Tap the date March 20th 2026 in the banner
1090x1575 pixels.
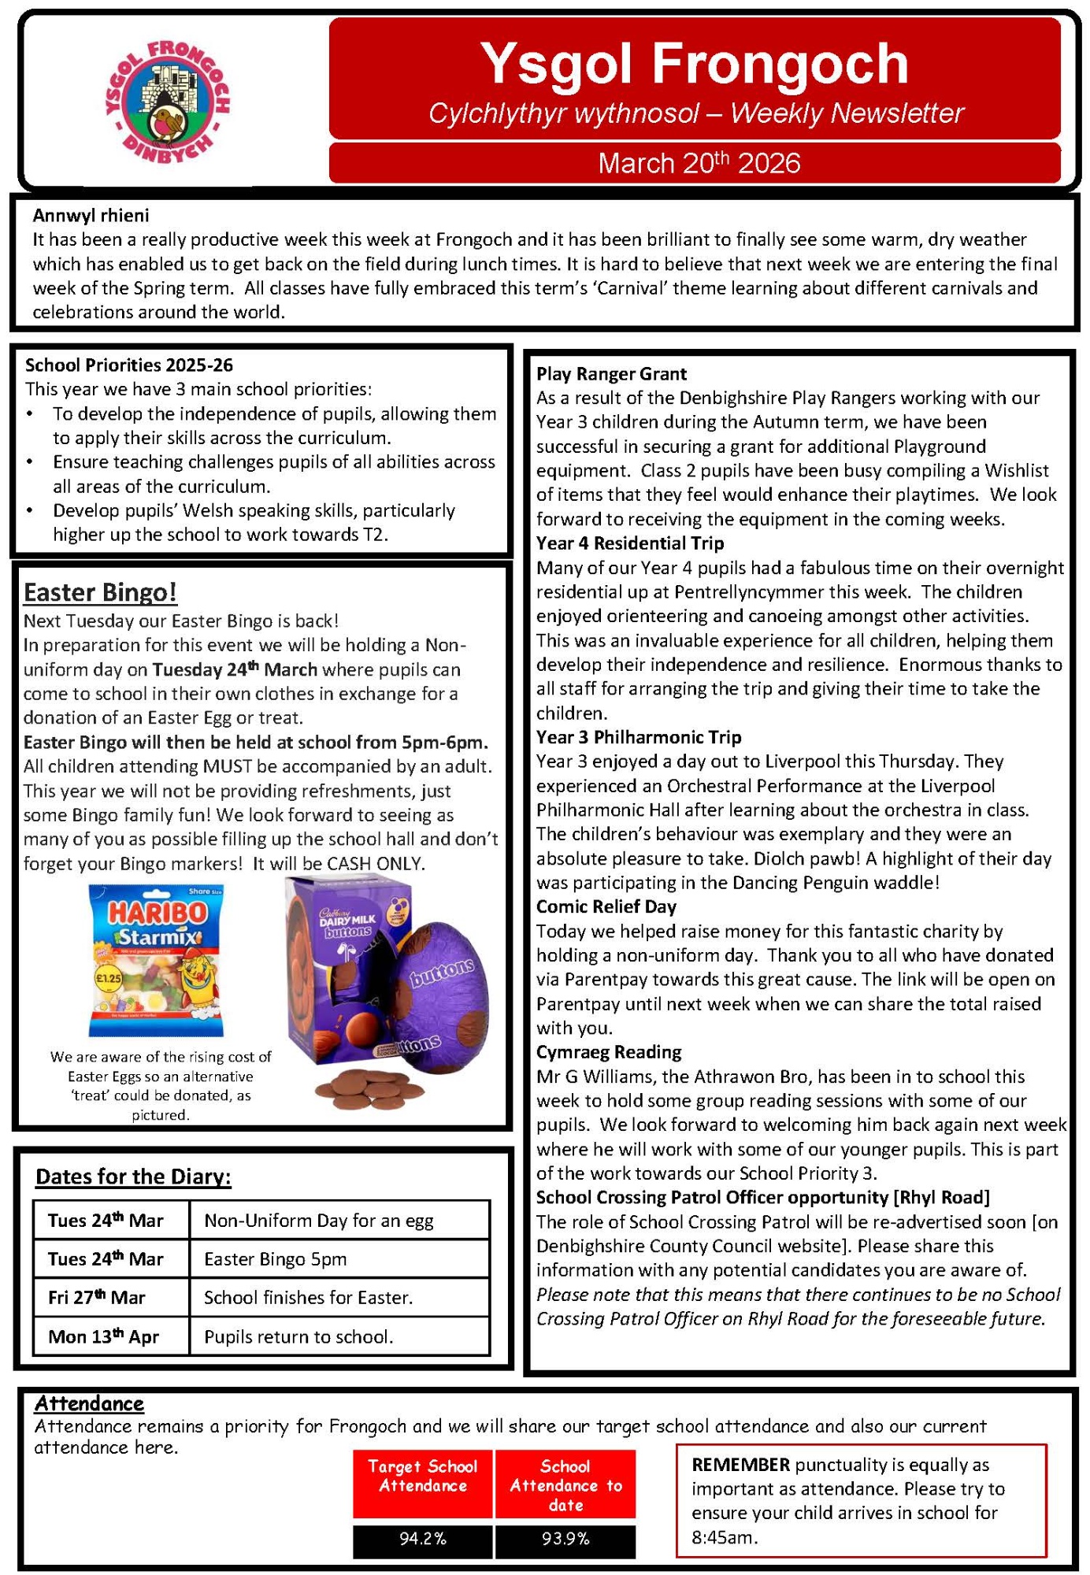click(x=699, y=163)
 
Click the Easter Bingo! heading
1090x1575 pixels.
click(x=100, y=592)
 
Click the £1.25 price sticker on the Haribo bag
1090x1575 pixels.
click(x=109, y=979)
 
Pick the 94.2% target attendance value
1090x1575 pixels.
click(x=423, y=1538)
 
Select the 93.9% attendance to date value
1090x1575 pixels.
click(x=565, y=1538)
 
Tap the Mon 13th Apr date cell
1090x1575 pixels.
click(x=104, y=1336)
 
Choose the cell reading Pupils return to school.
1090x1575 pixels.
click(x=298, y=1336)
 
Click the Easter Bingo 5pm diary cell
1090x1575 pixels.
click(x=276, y=1258)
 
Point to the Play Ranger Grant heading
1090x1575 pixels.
click(x=611, y=373)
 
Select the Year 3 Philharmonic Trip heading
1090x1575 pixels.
click(x=639, y=737)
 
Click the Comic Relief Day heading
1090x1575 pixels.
click(x=606, y=906)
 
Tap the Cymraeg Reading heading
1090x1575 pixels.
click(x=609, y=1052)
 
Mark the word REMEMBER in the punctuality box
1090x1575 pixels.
click(x=740, y=1465)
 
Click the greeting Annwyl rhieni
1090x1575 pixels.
click(x=91, y=215)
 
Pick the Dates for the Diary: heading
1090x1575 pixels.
click(x=134, y=1177)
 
